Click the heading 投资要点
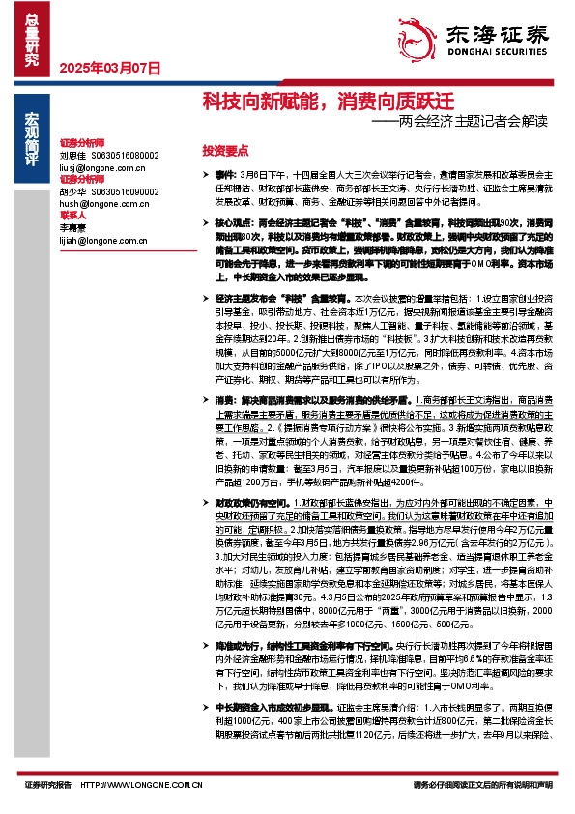tap(225, 151)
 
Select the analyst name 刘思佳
tap(72, 155)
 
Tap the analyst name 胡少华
tap(72, 190)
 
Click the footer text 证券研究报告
tap(49, 786)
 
